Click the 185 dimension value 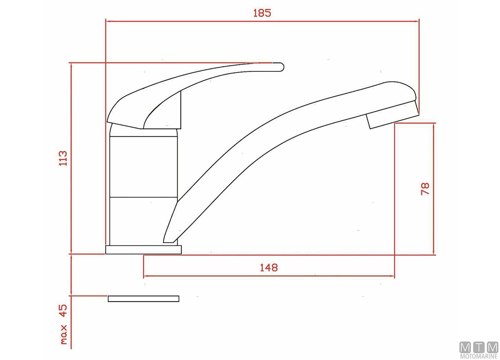[262, 13]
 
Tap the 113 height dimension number [63, 158]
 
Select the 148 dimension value [269, 268]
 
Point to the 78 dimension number [425, 189]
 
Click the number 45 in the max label [63, 310]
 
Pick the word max [64, 334]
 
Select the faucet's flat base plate [143, 250]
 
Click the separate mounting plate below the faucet [143, 299]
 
